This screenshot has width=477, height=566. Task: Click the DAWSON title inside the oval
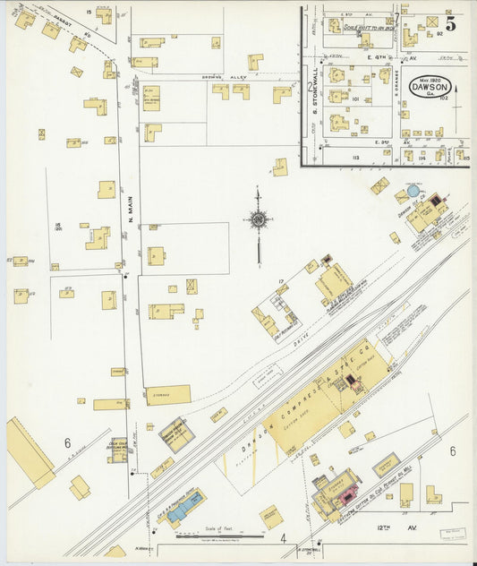[x=430, y=88]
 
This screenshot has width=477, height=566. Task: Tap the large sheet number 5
[x=451, y=24]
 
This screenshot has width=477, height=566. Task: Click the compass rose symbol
[x=258, y=218]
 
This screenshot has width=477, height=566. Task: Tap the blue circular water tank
[x=412, y=191]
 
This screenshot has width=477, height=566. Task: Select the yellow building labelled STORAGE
[x=168, y=395]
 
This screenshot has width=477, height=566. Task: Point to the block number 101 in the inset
[x=355, y=99]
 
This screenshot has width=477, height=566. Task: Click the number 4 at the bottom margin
[x=283, y=538]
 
